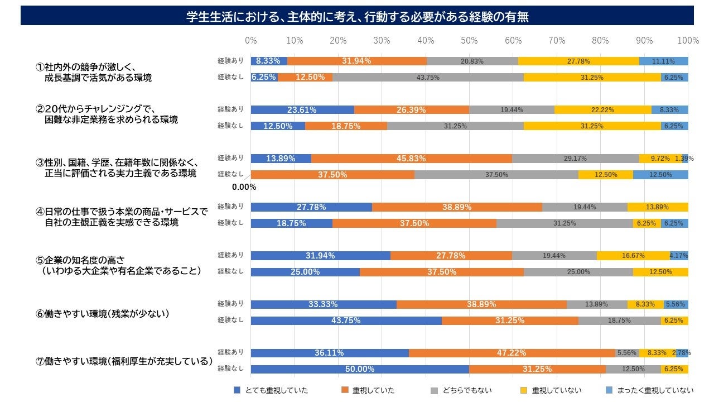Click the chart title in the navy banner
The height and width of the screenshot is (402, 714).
(x=357, y=17)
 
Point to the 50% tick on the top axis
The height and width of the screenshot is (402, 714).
(x=469, y=40)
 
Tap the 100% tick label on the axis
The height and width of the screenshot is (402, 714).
(x=688, y=40)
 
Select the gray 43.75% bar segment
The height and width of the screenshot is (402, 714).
(x=428, y=78)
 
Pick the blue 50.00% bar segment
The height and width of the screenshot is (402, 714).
(x=360, y=369)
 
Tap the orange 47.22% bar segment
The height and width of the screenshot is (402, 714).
(x=512, y=353)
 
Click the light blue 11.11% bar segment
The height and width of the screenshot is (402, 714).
(x=664, y=61)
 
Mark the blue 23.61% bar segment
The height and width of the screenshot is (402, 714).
(x=302, y=110)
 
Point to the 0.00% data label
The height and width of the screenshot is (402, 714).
(x=244, y=188)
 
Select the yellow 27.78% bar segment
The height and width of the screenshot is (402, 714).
(x=578, y=61)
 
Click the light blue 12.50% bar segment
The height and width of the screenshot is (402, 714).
(x=660, y=175)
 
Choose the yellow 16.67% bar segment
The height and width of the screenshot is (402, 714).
(x=633, y=256)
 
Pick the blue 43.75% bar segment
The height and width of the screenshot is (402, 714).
(x=346, y=320)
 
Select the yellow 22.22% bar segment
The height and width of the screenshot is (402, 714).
(x=602, y=110)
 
